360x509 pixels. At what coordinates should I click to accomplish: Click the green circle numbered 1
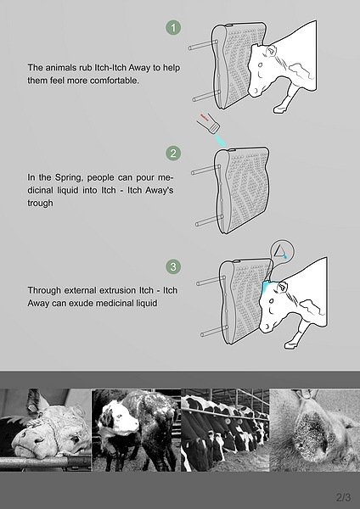click(173, 28)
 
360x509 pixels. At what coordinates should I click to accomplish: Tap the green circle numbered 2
click(173, 153)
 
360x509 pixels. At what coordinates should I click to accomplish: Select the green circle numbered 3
click(173, 266)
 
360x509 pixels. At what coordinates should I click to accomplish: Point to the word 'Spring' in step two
click(68, 177)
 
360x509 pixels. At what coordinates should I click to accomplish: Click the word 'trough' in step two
click(40, 203)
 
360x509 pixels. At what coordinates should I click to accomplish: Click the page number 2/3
click(343, 497)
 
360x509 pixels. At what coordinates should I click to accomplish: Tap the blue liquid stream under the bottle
click(220, 141)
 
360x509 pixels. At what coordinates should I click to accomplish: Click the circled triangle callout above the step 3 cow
click(282, 251)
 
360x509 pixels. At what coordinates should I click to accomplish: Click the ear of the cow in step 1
click(272, 50)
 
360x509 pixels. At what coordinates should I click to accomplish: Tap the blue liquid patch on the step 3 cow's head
click(268, 286)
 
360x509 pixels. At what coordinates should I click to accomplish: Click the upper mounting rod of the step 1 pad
click(203, 45)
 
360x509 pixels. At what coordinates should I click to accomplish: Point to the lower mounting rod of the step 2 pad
click(209, 221)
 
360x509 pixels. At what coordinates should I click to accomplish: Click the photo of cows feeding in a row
click(225, 430)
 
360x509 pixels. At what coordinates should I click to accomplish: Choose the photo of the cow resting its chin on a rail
click(46, 430)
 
